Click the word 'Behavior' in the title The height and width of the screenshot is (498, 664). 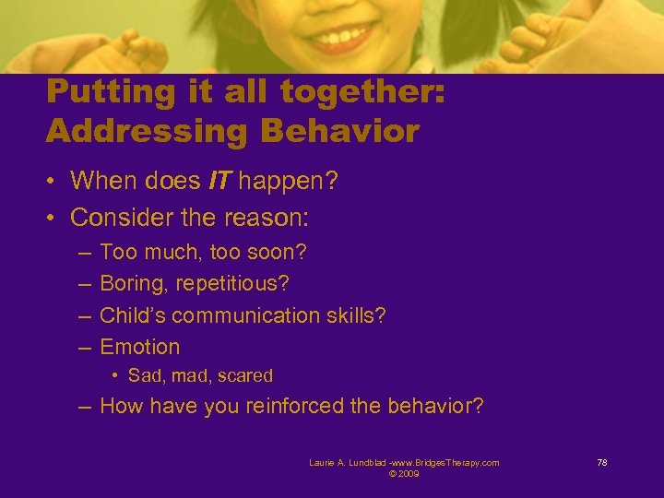tap(340, 131)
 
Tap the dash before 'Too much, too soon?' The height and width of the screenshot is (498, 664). tap(84, 252)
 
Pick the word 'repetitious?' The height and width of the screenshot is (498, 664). tap(222, 283)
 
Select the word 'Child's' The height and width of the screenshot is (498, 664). tap(133, 315)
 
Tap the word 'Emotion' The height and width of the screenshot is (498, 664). tap(140, 347)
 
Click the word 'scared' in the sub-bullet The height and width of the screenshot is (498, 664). tap(246, 375)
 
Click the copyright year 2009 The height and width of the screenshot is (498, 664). tap(409, 473)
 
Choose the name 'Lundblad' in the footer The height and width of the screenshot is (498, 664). tap(359, 462)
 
